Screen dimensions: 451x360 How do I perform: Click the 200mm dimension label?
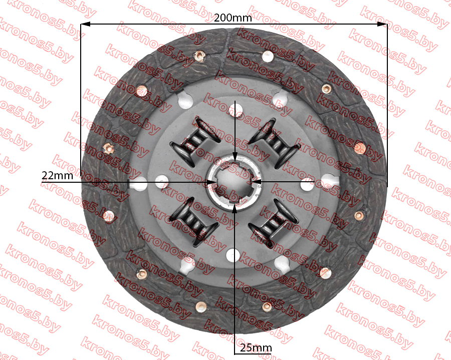(233, 18)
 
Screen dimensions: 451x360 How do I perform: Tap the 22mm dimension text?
(58, 175)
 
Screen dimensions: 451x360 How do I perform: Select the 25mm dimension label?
(256, 348)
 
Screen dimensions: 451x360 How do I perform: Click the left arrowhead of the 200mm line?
(85, 24)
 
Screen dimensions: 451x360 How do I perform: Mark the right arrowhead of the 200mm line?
(382, 24)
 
